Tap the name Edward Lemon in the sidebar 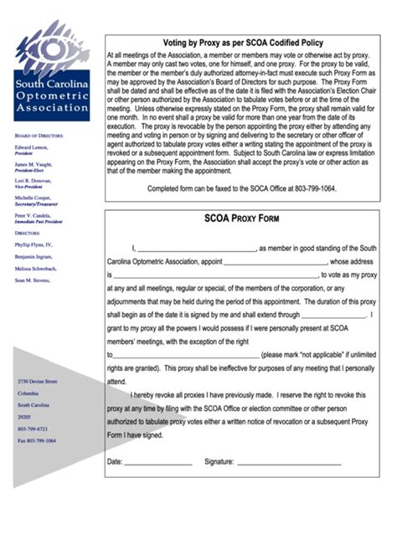coord(31,146)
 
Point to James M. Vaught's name coord(34,164)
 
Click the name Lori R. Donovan coord(34,181)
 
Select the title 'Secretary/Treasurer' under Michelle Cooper coord(37,204)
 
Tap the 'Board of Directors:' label coord(39,135)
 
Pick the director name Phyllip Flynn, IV coord(34,244)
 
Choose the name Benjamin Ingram coord(34,257)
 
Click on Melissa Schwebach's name coord(36,269)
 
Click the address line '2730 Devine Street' coord(38,380)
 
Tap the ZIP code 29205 coord(24,416)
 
